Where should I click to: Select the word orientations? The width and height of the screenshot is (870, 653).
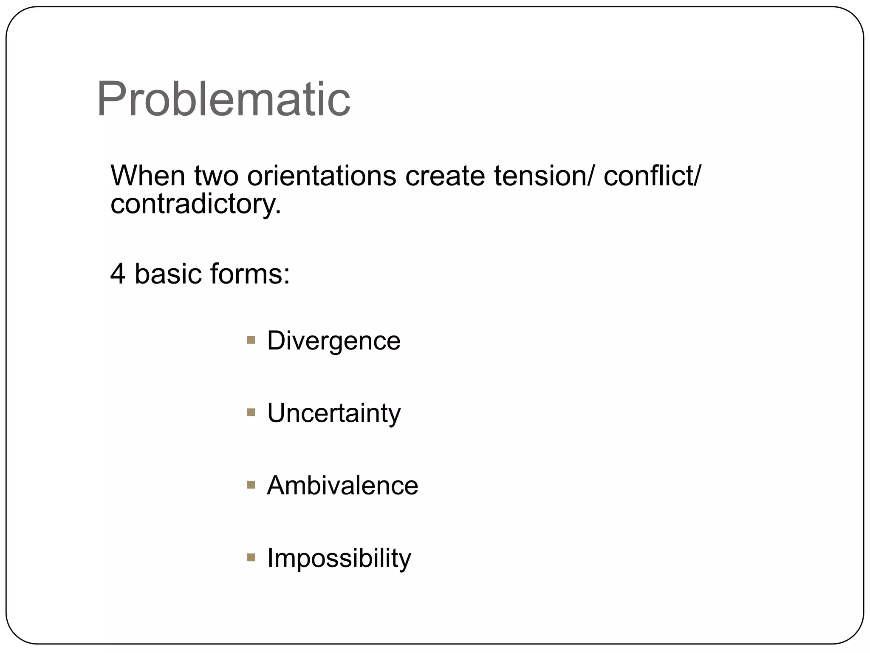[322, 176]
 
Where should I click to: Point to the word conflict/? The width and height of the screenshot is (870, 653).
[652, 176]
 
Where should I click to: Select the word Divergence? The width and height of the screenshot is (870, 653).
[333, 341]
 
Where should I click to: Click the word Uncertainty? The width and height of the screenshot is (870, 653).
[333, 413]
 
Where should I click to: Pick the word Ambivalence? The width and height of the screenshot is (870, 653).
[342, 485]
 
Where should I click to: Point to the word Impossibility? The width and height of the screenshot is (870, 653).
[339, 558]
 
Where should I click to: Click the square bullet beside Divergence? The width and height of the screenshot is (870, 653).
[251, 340]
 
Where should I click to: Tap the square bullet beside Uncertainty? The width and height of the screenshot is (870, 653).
[251, 412]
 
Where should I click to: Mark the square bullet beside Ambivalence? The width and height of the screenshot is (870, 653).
[251, 485]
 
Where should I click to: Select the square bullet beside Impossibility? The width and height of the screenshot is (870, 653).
[251, 557]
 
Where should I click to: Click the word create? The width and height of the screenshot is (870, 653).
[445, 176]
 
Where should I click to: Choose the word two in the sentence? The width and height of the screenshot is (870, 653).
[216, 176]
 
